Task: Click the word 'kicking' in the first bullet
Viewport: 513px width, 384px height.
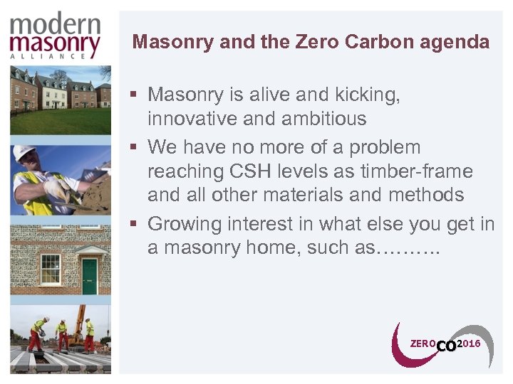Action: pos(363,95)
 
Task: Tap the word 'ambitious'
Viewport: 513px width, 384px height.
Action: pos(321,118)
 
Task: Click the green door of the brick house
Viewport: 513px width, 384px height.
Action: pos(89,276)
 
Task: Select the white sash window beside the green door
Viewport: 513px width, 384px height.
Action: pos(50,269)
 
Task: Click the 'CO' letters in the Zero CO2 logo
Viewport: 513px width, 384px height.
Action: pos(446,346)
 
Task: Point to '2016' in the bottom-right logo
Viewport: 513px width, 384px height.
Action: pos(469,343)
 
